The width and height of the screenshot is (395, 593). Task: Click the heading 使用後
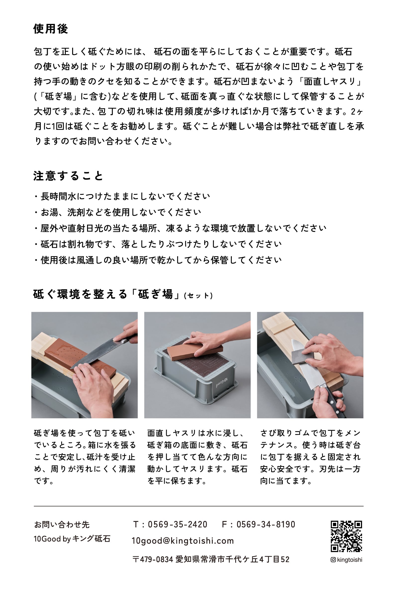point(51,29)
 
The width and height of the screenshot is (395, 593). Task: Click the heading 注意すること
point(68,176)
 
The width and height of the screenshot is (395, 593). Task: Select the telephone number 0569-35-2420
point(177,525)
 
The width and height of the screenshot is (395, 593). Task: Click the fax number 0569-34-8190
point(265,525)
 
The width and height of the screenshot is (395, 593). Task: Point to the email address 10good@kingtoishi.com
point(183,541)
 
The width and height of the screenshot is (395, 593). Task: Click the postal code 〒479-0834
point(153,559)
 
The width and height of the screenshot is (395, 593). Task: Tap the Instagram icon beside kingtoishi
point(333,560)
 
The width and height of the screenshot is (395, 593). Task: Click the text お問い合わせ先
point(62,525)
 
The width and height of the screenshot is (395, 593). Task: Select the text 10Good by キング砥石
point(72,539)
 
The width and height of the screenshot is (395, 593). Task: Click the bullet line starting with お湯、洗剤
point(118,212)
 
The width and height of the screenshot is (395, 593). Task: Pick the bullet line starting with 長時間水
point(122,196)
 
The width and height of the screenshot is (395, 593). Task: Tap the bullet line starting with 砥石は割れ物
point(158,244)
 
